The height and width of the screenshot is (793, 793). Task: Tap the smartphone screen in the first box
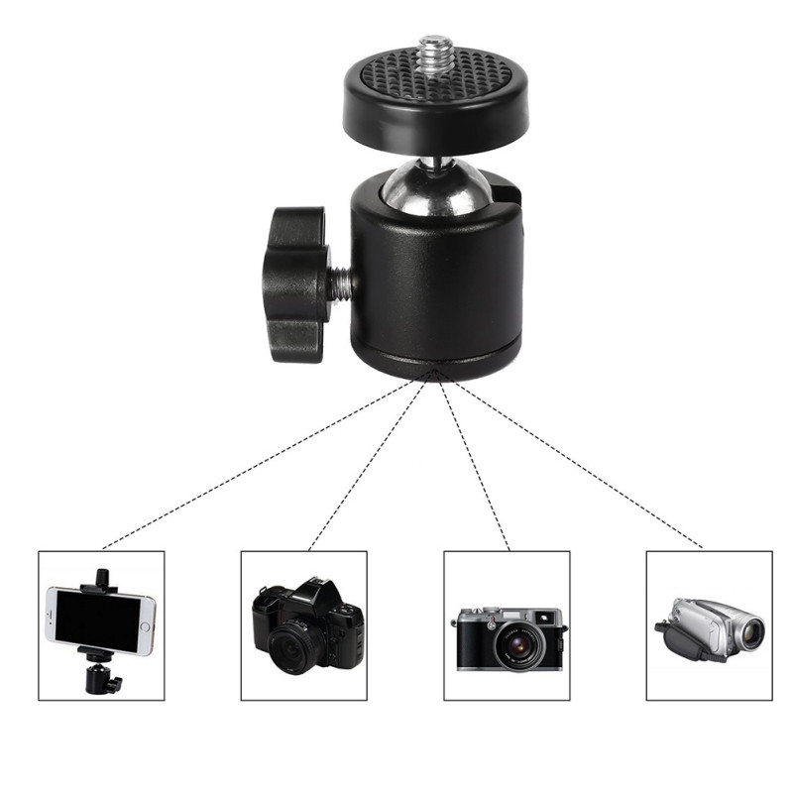click(x=99, y=621)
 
